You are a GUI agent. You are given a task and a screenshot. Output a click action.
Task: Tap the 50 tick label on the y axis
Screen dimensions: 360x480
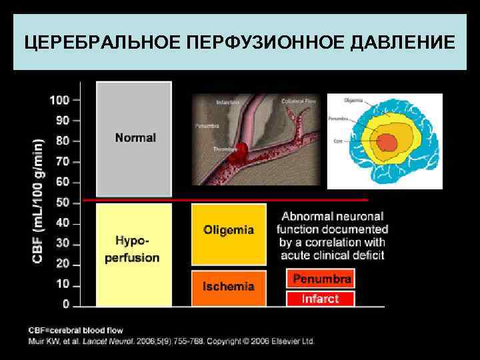coord(62,202)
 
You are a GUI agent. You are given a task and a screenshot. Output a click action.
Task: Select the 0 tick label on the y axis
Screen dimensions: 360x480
coord(65,305)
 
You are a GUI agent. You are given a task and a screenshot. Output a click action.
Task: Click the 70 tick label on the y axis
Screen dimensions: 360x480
coord(62,161)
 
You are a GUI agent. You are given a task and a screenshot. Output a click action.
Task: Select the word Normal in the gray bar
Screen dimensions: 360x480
coord(135,138)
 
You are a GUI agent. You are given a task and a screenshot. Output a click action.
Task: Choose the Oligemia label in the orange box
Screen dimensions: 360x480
coord(229,230)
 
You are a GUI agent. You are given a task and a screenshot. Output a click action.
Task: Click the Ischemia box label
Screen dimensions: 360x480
coord(229,287)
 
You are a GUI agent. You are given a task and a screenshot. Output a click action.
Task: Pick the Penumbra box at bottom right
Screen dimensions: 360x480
coord(321,279)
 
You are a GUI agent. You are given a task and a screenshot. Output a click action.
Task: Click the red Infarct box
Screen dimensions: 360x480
coord(321,299)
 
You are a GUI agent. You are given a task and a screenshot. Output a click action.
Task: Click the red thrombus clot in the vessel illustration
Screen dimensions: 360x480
coord(237,154)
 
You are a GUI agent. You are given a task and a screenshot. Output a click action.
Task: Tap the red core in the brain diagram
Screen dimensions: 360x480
coord(387,142)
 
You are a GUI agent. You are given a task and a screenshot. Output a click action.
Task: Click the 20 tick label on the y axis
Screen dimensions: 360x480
coord(62,263)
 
